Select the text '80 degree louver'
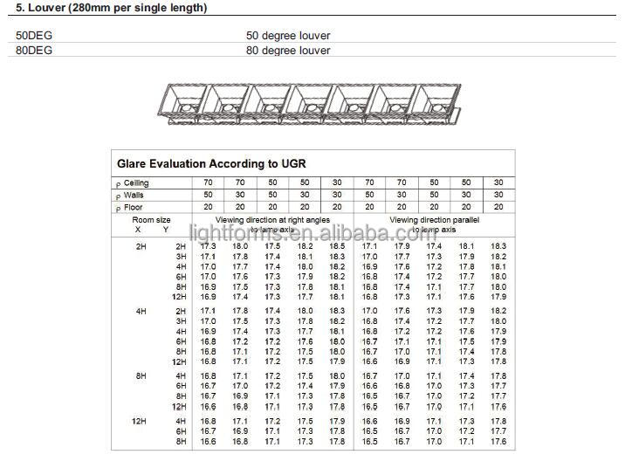[288, 50]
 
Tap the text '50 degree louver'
[288, 36]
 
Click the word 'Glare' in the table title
[134, 163]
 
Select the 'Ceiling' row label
[136, 182]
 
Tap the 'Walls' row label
[134, 195]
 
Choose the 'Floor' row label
[133, 207]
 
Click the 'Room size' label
[151, 220]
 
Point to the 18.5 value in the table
[337, 246]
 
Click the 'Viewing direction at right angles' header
[272, 220]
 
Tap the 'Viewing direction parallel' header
[428, 220]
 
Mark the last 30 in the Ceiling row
[498, 182]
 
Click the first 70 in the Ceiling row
[208, 182]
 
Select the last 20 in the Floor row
[498, 207]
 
